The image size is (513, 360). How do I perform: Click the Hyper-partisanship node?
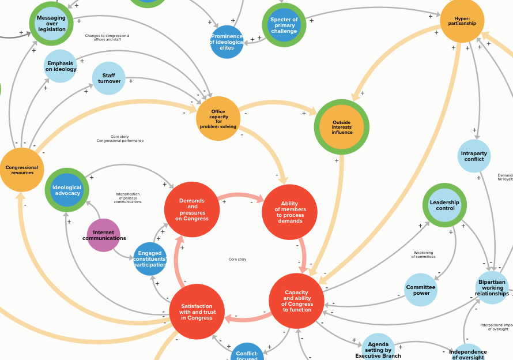pyautogui.click(x=462, y=21)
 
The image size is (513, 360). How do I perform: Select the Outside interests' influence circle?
pyautogui.click(x=342, y=127)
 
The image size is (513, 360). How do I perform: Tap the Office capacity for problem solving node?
pyautogui.click(x=218, y=119)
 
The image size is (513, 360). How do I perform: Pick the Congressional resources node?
pyautogui.click(x=22, y=170)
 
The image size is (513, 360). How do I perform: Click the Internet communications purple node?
pyautogui.click(x=104, y=235)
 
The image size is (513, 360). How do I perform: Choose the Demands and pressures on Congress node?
pyautogui.click(x=192, y=209)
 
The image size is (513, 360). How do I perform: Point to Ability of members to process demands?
pyautogui.click(x=290, y=212)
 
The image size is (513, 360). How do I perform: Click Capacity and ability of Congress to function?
pyautogui.click(x=297, y=301)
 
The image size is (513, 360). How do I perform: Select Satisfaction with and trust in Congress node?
pyautogui.click(x=197, y=312)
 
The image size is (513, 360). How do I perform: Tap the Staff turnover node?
pyautogui.click(x=109, y=78)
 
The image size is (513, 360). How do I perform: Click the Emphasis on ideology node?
pyautogui.click(x=61, y=66)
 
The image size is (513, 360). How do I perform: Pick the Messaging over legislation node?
pyautogui.click(x=51, y=24)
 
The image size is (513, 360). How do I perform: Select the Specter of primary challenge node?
pyautogui.click(x=284, y=25)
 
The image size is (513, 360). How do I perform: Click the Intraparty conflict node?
pyautogui.click(x=474, y=156)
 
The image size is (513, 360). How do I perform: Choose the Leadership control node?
pyautogui.click(x=444, y=205)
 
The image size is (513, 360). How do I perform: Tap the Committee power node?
pyautogui.click(x=421, y=290)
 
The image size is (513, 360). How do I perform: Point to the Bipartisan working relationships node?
pyautogui.click(x=492, y=287)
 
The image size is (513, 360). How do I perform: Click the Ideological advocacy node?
pyautogui.click(x=67, y=190)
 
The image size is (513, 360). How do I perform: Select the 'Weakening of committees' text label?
pyautogui.click(x=424, y=254)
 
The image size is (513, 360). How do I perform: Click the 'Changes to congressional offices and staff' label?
pyautogui.click(x=107, y=37)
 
